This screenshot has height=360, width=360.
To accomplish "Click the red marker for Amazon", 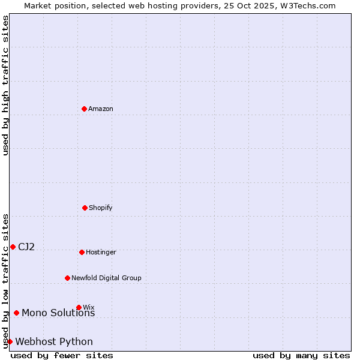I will pos(85,109).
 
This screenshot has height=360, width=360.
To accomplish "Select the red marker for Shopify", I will pos(85,208).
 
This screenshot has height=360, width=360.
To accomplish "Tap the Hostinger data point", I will pos(82,252).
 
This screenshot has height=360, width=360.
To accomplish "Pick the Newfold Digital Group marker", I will pos(67,278).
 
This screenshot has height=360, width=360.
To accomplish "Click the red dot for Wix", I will pos(79,307).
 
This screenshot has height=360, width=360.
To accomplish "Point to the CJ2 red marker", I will pos(13,247).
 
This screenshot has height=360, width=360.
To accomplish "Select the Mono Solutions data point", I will pos(16,313).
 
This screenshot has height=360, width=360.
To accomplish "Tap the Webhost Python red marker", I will pos(10,341).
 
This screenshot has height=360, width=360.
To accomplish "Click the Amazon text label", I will pos(101,109).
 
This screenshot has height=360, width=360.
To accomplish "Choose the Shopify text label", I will pos(101,208).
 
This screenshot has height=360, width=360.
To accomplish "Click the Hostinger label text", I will pos(101,252).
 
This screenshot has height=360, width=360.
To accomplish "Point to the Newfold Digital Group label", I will pos(106,278).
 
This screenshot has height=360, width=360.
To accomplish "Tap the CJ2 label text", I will pos(26,247).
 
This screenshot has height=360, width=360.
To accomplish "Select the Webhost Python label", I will pos(54,341).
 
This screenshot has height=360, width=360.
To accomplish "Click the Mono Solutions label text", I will pos(58,313).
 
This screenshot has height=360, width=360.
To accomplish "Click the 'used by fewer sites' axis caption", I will pos(62,355).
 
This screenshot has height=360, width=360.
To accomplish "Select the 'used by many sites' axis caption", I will pos(301,355).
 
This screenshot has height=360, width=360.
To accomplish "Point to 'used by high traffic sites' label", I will pos(6,85).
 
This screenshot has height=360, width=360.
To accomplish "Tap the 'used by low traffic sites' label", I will pos(6,280).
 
